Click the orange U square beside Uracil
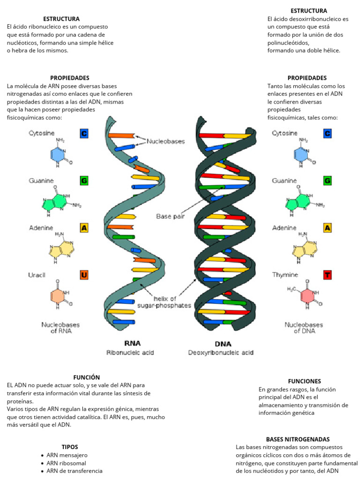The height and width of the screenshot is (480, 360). [84, 275]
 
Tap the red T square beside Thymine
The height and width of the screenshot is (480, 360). [328, 275]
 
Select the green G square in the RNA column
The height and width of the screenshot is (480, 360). [84, 180]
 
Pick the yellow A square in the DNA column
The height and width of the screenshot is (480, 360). [328, 228]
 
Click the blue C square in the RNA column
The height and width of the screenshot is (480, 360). [84, 134]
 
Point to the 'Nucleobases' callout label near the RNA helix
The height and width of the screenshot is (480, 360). [166, 141]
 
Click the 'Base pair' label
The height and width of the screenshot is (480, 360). [170, 216]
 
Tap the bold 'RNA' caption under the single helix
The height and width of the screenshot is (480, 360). [132, 343]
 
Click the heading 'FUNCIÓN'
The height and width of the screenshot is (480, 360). [86, 377]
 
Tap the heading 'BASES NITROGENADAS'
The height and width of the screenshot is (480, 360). [298, 439]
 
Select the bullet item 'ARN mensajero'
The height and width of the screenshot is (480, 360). [67, 455]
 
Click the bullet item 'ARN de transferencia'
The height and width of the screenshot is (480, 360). [74, 471]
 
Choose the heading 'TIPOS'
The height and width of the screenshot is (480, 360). [70, 447]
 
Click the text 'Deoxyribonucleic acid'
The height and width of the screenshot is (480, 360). [221, 352]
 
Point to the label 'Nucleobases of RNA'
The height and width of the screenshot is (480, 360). [60, 328]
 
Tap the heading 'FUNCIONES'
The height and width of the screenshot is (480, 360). [304, 381]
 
